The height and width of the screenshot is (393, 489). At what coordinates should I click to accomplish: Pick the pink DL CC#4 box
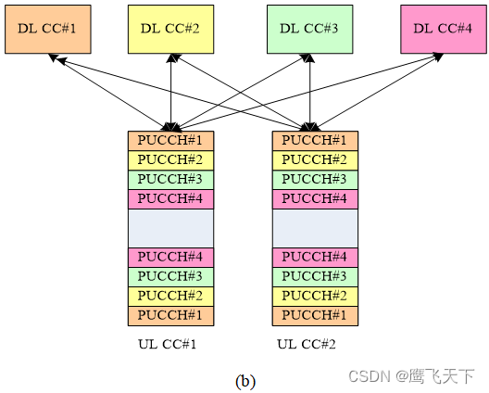442,30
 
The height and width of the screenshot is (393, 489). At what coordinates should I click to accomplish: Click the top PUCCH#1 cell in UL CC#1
170,141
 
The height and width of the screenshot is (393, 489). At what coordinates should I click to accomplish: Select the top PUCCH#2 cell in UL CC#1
170,160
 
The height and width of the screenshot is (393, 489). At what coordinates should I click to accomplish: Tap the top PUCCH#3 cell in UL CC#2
315,180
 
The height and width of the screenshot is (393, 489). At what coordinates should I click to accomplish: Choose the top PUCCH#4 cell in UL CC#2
315,199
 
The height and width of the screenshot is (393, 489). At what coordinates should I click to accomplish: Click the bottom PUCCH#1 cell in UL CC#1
170,316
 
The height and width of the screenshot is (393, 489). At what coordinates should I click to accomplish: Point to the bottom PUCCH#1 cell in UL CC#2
315,316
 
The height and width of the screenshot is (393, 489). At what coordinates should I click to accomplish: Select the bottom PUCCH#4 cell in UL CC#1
170,258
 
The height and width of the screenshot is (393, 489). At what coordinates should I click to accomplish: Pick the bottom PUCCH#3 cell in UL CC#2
315,277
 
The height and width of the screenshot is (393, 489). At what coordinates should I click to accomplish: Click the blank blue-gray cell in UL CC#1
170,228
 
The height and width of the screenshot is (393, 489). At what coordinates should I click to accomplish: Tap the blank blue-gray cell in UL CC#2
315,228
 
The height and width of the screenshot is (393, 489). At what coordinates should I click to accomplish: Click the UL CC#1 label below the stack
167,345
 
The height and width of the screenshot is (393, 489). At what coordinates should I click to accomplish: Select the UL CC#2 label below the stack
306,345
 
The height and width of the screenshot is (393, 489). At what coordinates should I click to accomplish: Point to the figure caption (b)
245,380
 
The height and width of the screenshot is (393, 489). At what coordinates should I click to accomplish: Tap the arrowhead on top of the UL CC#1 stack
171,126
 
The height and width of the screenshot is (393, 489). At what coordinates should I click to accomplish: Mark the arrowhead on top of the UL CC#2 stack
315,126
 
